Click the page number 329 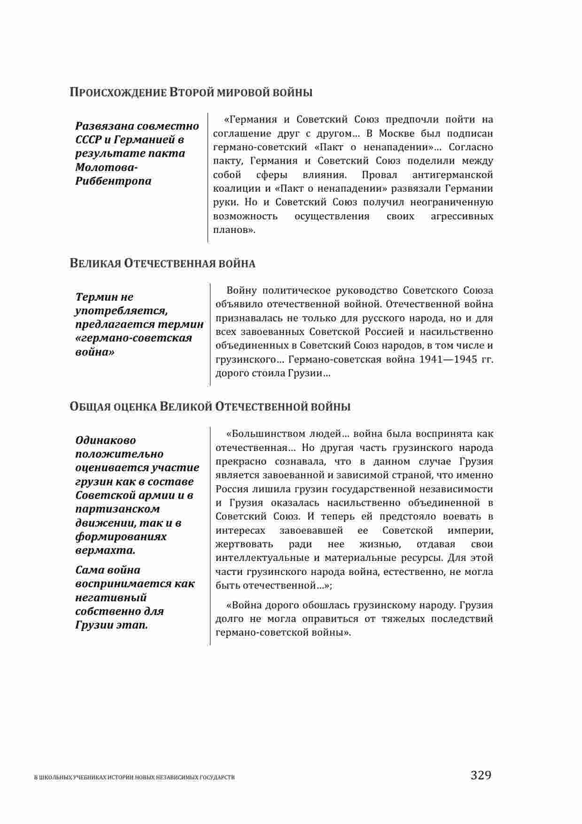[x=481, y=775]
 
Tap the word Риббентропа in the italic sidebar [x=113, y=181]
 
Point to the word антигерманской [x=452, y=175]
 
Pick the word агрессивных [x=462, y=217]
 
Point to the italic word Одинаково [x=106, y=441]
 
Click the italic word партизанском [x=117, y=509]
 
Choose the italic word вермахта [x=105, y=550]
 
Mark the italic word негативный [x=111, y=598]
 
